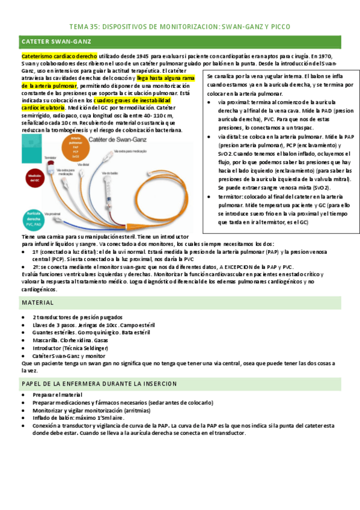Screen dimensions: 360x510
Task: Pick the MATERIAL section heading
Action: [x=37, y=303]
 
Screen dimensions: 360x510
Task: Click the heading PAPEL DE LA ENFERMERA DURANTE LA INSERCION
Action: [x=99, y=383]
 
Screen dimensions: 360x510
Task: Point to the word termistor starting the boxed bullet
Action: [x=231, y=196]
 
